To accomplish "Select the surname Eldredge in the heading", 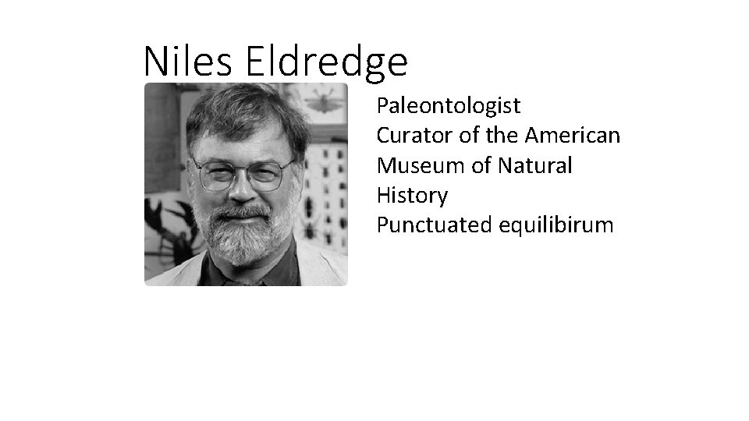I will point(327,62).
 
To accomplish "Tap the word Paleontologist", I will point(449,105).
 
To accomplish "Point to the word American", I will point(573,136).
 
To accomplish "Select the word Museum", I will point(414,165).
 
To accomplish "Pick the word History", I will point(412,196).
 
